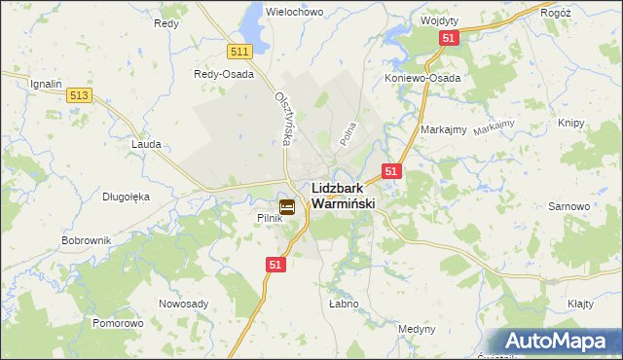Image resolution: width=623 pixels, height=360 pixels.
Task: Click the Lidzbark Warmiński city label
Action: point(343,197)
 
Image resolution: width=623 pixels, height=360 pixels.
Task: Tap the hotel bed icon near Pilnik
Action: point(287,206)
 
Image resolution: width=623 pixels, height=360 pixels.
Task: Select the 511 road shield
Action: point(240,51)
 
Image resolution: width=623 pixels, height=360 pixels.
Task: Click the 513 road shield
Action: point(81,94)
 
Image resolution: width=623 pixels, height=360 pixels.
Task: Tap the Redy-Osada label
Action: point(224,74)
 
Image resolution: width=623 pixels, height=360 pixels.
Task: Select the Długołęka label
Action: point(126,196)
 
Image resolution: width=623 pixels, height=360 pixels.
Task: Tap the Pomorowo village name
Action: point(118,322)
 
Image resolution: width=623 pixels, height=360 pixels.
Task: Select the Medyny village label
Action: point(417,329)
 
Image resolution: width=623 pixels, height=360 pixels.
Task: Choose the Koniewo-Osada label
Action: point(422,78)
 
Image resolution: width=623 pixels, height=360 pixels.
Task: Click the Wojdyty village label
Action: point(439,19)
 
